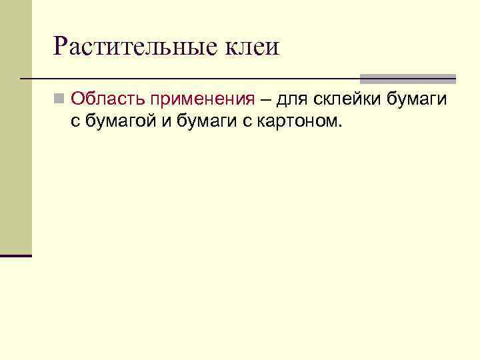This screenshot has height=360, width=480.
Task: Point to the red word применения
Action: point(202,100)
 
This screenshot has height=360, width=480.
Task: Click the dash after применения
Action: point(265,100)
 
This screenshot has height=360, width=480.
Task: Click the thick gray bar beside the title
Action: point(407,78)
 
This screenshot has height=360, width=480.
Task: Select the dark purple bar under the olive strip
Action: point(16,255)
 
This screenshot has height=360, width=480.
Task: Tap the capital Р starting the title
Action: point(61,47)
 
